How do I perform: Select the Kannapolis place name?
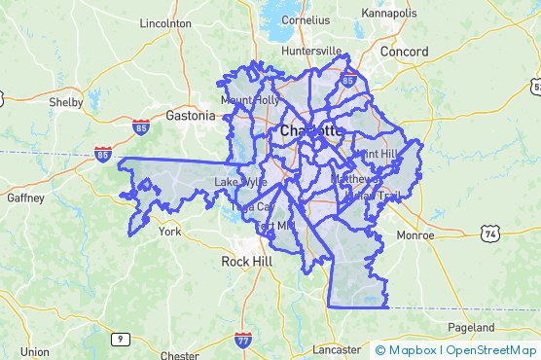click(388, 13)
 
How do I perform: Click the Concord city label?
click(405, 51)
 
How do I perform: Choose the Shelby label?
click(66, 102)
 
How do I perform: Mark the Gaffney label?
click(26, 198)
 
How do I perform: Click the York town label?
click(169, 233)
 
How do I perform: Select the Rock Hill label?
click(248, 262)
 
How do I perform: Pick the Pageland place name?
click(472, 327)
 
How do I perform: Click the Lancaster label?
click(337, 349)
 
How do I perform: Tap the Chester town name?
click(179, 355)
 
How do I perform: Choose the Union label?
click(34, 352)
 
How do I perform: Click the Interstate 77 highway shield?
click(242, 340)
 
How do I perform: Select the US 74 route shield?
click(489, 232)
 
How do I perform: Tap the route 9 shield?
click(120, 339)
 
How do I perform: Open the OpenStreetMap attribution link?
click(490, 350)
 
